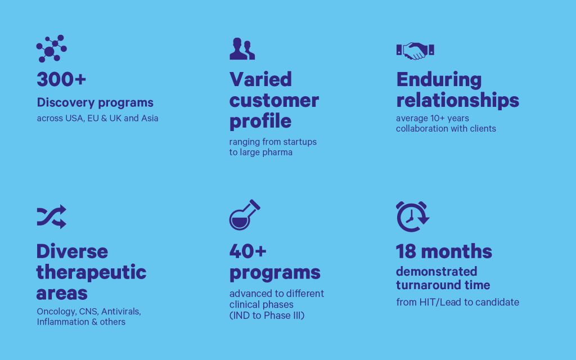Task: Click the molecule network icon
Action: point(51,49)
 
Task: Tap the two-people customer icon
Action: point(242,48)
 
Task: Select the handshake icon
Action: point(415,51)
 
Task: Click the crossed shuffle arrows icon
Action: point(51,217)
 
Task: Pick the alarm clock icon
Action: point(412,217)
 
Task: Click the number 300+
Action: point(61,79)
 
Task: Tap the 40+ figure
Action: point(248,251)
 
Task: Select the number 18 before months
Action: point(406,251)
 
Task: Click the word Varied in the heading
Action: point(261,79)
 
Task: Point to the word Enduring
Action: point(439,80)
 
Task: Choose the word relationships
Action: point(458,100)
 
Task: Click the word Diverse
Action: point(73,251)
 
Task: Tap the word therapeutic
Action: point(92,273)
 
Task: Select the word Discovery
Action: point(66,103)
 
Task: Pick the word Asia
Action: point(150,118)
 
